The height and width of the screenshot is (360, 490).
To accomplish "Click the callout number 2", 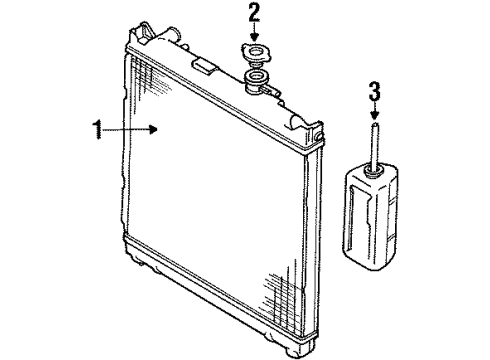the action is pyautogui.click(x=255, y=14).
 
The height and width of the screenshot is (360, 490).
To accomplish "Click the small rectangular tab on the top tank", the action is pyautogui.click(x=205, y=68).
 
